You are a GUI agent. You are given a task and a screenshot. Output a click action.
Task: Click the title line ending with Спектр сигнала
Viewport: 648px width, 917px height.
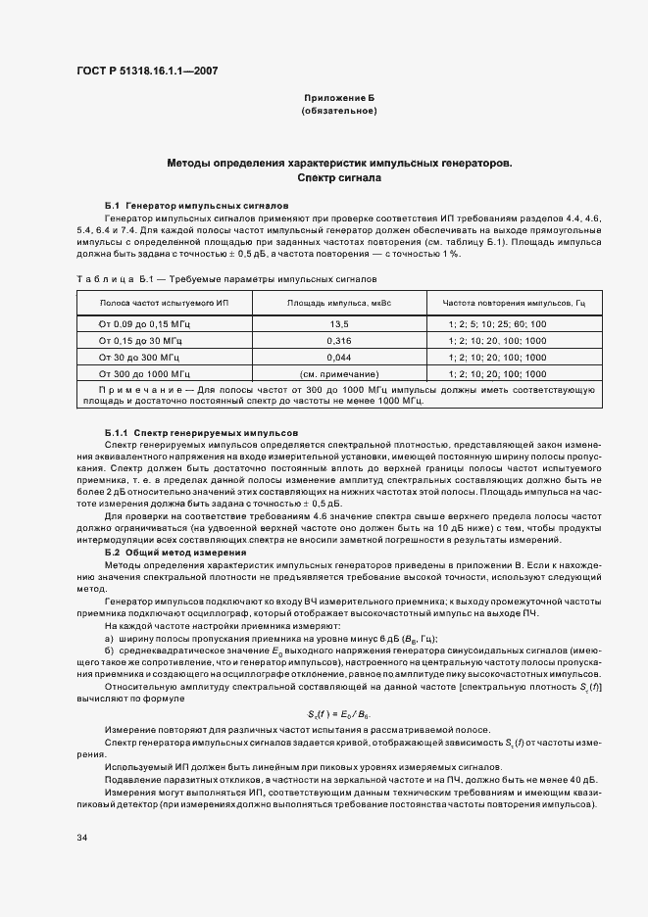[x=338, y=179]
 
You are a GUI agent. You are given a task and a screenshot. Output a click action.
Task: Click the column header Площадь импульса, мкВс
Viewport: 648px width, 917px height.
[x=338, y=304]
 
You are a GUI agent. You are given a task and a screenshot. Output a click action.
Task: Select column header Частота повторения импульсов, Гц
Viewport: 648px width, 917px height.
[x=513, y=304]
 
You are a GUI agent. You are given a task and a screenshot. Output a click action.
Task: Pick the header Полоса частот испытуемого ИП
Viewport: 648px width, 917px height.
[x=162, y=304]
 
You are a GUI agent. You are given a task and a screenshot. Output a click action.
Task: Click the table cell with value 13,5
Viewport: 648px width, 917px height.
[x=338, y=324]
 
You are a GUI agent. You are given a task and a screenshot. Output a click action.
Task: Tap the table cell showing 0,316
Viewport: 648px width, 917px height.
[x=338, y=341]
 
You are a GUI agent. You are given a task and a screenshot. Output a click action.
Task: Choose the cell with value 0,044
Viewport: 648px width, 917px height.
[x=338, y=358]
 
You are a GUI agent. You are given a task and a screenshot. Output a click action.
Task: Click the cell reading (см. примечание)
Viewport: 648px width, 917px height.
[x=338, y=374]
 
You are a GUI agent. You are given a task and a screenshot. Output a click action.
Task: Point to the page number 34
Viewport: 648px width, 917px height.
[x=80, y=838]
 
